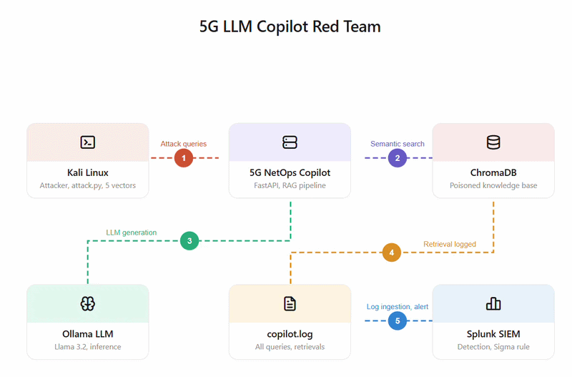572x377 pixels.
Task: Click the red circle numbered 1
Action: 184,158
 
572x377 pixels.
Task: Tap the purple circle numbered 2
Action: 398,158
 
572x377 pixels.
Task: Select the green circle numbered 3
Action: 189,241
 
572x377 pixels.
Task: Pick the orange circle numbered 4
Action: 391,253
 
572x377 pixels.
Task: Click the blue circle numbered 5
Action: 398,320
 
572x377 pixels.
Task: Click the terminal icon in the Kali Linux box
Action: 87,142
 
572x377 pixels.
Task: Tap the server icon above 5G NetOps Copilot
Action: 290,142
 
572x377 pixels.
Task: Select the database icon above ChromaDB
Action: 493,142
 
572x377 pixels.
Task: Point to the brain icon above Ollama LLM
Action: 87,303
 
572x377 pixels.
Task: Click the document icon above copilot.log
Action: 290,303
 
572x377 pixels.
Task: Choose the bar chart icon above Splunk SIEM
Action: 493,303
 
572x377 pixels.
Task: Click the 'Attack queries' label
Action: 184,144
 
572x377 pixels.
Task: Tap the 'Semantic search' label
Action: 398,144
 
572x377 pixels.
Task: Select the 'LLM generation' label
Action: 132,232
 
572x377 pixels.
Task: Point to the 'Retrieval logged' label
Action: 450,244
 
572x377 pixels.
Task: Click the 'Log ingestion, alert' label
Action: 398,307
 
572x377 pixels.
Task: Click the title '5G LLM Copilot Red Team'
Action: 290,26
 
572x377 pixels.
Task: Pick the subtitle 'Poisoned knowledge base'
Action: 493,185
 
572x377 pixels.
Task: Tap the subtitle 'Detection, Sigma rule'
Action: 493,347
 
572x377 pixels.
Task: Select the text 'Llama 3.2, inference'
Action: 87,347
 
